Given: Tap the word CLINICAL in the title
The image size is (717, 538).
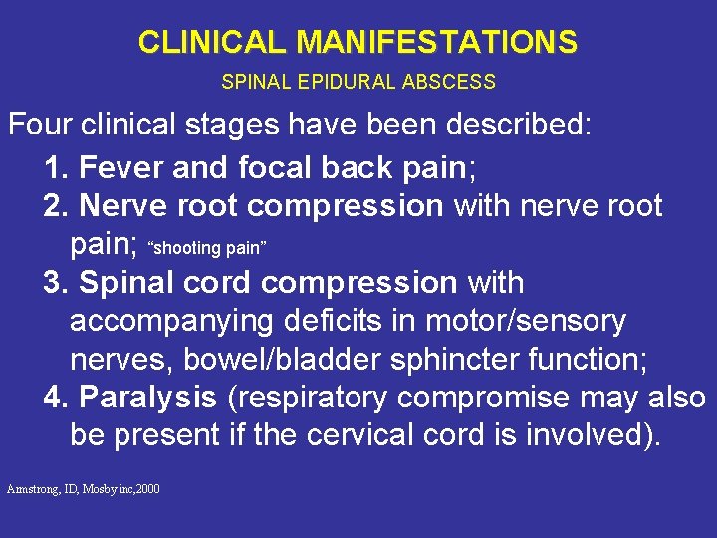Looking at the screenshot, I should click(x=213, y=43).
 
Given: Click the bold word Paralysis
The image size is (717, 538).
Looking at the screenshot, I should click(x=147, y=398).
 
